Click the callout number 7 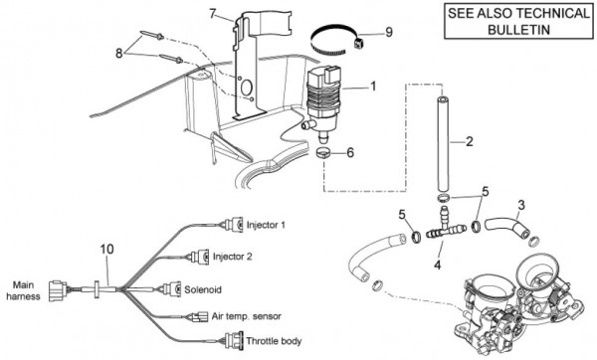coord(213,14)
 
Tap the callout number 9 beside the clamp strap coord(389,32)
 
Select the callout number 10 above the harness coord(107,250)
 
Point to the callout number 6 coord(350,152)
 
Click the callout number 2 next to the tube coord(470,141)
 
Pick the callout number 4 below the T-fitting coord(438,265)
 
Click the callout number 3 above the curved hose coord(520,205)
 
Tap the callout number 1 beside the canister coord(373,87)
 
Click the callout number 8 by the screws coord(119,54)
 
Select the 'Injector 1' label coord(266,225)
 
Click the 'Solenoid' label coord(203,289)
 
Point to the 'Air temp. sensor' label coord(247,316)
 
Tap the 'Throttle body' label coord(274,341)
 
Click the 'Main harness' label coord(23,290)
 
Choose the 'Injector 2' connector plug coord(199,257)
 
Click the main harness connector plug coord(58,291)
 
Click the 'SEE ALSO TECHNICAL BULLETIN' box coord(518,21)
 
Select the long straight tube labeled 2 coord(443,144)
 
